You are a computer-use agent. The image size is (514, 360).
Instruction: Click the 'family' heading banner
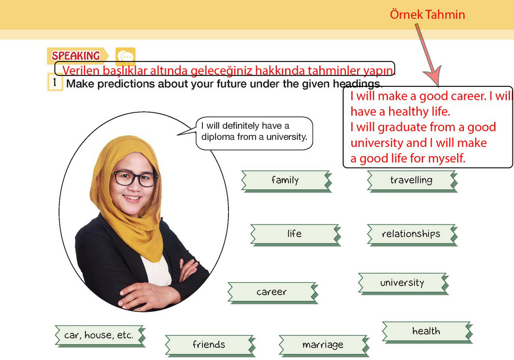point(286,181)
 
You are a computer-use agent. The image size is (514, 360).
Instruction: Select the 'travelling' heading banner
point(412,181)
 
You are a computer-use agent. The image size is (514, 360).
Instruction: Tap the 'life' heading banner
point(296,234)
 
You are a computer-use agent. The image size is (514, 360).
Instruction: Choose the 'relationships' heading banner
point(412,234)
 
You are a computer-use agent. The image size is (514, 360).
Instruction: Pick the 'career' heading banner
point(273,293)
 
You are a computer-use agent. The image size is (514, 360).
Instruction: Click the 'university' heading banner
point(403,283)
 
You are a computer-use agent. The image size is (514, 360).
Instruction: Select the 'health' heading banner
point(427,332)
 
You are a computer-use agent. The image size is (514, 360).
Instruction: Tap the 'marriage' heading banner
point(324,346)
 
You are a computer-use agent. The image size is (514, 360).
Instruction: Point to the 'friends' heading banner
point(210,346)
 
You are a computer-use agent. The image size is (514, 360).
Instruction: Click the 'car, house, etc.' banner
point(100,336)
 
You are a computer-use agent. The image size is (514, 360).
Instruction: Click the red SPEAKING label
point(76,56)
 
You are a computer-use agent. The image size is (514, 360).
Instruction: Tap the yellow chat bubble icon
point(126,56)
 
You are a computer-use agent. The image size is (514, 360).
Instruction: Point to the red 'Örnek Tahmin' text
point(428,14)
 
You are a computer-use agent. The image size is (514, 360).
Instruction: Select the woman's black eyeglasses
point(135,178)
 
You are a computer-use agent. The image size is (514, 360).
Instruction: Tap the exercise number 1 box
point(55,82)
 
